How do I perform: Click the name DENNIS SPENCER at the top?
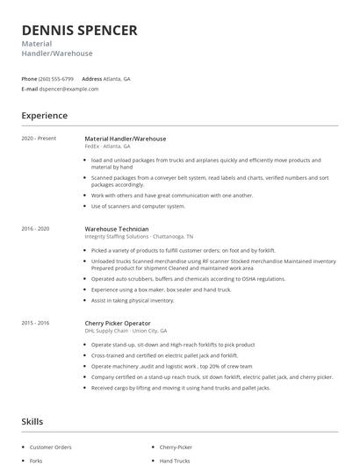tap(79, 30)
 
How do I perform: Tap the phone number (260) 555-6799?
tap(56, 78)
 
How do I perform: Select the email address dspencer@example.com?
tap(69, 89)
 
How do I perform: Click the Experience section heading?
tap(44, 115)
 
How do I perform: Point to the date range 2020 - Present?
tap(38, 139)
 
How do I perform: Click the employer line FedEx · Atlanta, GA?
tap(107, 147)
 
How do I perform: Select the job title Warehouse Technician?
tap(110, 229)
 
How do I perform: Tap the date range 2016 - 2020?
tap(36, 229)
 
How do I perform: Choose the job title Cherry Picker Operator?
tap(118, 323)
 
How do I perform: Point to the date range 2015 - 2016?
tap(36, 323)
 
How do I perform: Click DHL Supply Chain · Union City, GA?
tap(127, 331)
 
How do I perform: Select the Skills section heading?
tap(32, 422)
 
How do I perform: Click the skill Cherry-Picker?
tap(176, 447)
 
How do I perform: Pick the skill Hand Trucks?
tap(175, 460)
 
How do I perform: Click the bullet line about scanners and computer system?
tap(138, 206)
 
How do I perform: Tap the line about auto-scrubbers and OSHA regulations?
tap(188, 278)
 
